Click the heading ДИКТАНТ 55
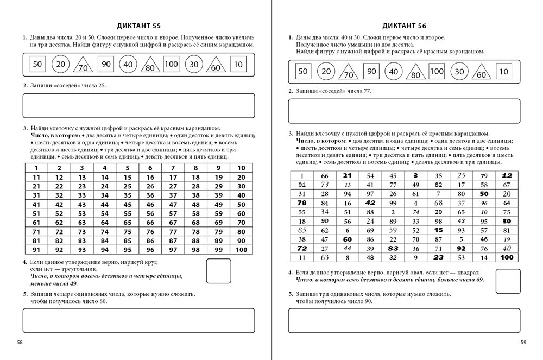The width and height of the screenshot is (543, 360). [x=139, y=26]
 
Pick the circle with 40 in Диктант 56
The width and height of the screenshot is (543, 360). [x=394, y=72]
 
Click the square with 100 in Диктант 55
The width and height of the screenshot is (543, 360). [x=171, y=64]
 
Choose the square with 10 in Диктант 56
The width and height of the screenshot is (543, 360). [x=503, y=71]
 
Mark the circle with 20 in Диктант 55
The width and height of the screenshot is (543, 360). [x=60, y=64]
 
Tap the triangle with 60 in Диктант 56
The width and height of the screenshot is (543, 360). [x=481, y=73]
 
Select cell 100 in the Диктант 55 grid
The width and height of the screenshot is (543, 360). [x=241, y=250]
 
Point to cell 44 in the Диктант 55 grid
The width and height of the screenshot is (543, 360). [x=105, y=205]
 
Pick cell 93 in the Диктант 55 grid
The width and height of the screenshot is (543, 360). [x=82, y=250]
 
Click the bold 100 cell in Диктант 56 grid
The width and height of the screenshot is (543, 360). [x=507, y=257]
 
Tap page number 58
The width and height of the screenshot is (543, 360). [x=20, y=342]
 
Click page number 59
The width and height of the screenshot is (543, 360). [x=523, y=342]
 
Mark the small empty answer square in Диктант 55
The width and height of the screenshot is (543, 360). [x=218, y=270]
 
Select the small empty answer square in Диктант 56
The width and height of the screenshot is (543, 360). [x=508, y=281]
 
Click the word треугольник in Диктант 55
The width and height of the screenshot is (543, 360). [x=81, y=269]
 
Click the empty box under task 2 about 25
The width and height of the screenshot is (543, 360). [x=138, y=105]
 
